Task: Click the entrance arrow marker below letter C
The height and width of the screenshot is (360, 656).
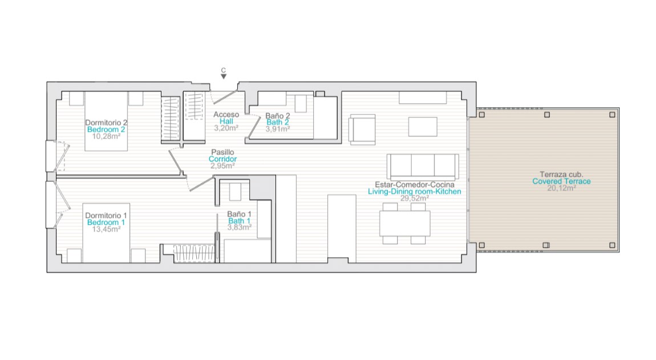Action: pyautogui.click(x=224, y=76)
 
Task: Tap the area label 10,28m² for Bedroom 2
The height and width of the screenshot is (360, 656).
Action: pyautogui.click(x=106, y=136)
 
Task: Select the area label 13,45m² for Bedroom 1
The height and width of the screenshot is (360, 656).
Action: pyautogui.click(x=106, y=229)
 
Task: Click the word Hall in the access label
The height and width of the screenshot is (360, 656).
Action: pyautogui.click(x=226, y=122)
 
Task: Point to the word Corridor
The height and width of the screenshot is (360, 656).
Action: pyautogui.click(x=222, y=159)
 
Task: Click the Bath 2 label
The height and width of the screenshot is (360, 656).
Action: pyautogui.click(x=278, y=122)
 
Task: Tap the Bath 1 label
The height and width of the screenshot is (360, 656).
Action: pyautogui.click(x=240, y=221)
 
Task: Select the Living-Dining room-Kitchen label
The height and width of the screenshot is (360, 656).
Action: pyautogui.click(x=415, y=191)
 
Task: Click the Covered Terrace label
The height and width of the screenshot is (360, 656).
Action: pyautogui.click(x=561, y=181)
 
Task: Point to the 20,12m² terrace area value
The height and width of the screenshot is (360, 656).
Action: pyautogui.click(x=561, y=188)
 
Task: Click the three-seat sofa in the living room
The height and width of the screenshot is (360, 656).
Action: pyautogui.click(x=423, y=166)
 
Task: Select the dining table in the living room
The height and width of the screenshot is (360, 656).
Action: pyautogui.click(x=405, y=224)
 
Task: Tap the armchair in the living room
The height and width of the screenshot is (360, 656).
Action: pyautogui.click(x=362, y=130)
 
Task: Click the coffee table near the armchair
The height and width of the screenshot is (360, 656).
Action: pyautogui.click(x=423, y=127)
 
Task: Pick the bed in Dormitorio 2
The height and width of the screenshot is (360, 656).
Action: pyautogui.click(x=106, y=121)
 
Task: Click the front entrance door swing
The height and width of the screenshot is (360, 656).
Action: pyautogui.click(x=224, y=97)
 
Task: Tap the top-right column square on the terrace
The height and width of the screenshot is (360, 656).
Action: pyautogui.click(x=612, y=115)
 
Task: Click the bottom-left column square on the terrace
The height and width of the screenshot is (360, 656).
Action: pyautogui.click(x=482, y=245)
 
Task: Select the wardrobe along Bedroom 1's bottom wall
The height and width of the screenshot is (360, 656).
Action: pyautogui.click(x=194, y=253)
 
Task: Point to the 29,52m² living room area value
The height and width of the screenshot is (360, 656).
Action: pyautogui.click(x=415, y=199)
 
